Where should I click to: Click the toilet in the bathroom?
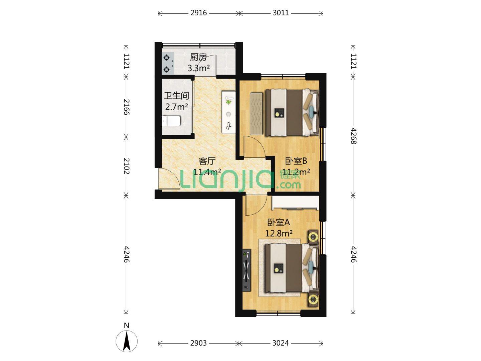pyautogui.click(x=171, y=121)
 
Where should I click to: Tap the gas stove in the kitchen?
pyautogui.click(x=168, y=64)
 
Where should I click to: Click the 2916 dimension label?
pyautogui.click(x=198, y=13)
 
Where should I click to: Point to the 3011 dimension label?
pyautogui.click(x=281, y=13)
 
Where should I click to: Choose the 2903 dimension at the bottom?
pyautogui.click(x=198, y=343)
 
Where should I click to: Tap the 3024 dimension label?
pyautogui.click(x=281, y=343)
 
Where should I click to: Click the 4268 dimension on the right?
pyautogui.click(x=353, y=136)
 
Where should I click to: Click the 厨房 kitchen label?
pyautogui.click(x=198, y=57)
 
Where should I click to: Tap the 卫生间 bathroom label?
pyautogui.click(x=176, y=96)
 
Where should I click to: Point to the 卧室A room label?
pyautogui.click(x=279, y=223)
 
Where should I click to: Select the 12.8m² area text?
pyautogui.click(x=279, y=233)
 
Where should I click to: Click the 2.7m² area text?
pyautogui.click(x=176, y=107)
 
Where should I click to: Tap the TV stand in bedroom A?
pyautogui.click(x=247, y=270)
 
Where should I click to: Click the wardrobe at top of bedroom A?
pyautogui.click(x=295, y=203)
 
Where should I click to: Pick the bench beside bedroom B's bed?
pyautogui.click(x=256, y=114)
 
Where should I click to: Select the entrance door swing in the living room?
pyautogui.click(x=169, y=178)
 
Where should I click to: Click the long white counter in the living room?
pyautogui.click(x=228, y=112)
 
